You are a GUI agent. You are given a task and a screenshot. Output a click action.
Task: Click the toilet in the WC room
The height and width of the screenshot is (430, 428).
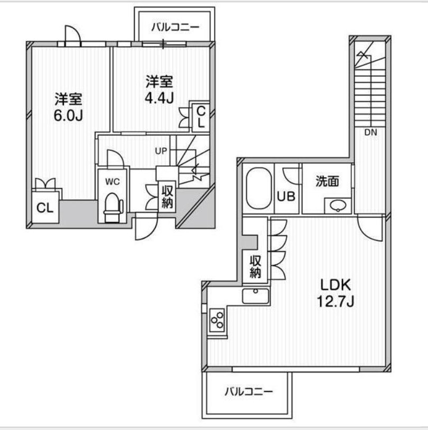pyautogui.click(x=113, y=207)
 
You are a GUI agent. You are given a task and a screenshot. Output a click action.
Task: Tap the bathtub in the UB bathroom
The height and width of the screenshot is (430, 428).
pyautogui.click(x=259, y=189)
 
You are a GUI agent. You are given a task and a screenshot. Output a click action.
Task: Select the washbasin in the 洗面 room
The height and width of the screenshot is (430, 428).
pyautogui.click(x=338, y=205)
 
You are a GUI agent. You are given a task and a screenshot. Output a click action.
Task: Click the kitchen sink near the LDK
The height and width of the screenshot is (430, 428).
pyautogui.click(x=255, y=296)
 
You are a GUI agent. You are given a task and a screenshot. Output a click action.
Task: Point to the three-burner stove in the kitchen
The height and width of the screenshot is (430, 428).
pyautogui.click(x=217, y=319)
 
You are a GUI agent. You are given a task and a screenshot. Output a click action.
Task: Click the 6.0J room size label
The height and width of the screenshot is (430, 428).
pyautogui.click(x=68, y=116)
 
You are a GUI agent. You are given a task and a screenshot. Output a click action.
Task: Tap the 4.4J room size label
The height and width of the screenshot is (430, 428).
pyautogui.click(x=159, y=98)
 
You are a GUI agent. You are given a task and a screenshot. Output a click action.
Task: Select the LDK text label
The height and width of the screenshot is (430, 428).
pyautogui.click(x=336, y=285)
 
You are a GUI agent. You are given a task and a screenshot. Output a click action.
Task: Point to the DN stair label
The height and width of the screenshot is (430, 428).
pyautogui.click(x=370, y=132)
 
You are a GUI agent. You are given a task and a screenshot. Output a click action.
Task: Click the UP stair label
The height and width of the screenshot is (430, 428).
pyautogui.click(x=161, y=151)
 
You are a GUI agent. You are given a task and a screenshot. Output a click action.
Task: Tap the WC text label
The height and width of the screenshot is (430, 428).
pyautogui.click(x=113, y=182)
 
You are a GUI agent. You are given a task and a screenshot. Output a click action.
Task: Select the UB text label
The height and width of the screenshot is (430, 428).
pyautogui.click(x=286, y=196)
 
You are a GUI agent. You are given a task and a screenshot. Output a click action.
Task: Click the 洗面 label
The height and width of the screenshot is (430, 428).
pyautogui.click(x=327, y=181)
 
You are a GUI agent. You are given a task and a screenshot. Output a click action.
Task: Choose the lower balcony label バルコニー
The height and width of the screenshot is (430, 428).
pyautogui.click(x=248, y=391)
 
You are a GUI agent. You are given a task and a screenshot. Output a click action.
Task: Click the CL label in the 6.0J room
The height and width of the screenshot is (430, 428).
pyautogui.click(x=45, y=208)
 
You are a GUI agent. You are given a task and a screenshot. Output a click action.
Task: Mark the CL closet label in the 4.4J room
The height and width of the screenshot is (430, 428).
pyautogui.click(x=201, y=117)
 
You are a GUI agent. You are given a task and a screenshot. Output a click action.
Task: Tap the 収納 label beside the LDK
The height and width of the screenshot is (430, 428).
pyautogui.click(x=255, y=267)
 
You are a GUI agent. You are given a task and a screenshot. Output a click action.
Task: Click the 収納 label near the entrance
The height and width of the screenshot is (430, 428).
pyautogui.click(x=167, y=197)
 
